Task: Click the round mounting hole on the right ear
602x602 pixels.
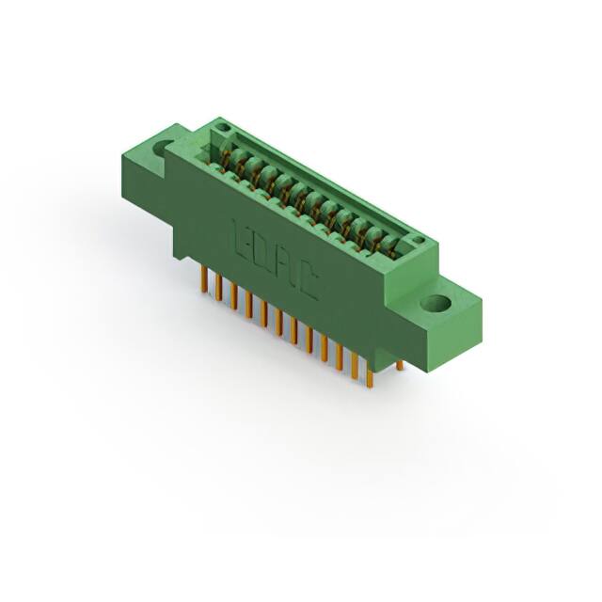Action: coord(436,304)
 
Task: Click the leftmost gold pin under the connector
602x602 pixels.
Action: coord(203,277)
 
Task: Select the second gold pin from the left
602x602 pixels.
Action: coord(218,287)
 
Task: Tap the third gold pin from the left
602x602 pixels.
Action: coord(233,295)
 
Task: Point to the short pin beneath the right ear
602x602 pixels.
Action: coord(399,365)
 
